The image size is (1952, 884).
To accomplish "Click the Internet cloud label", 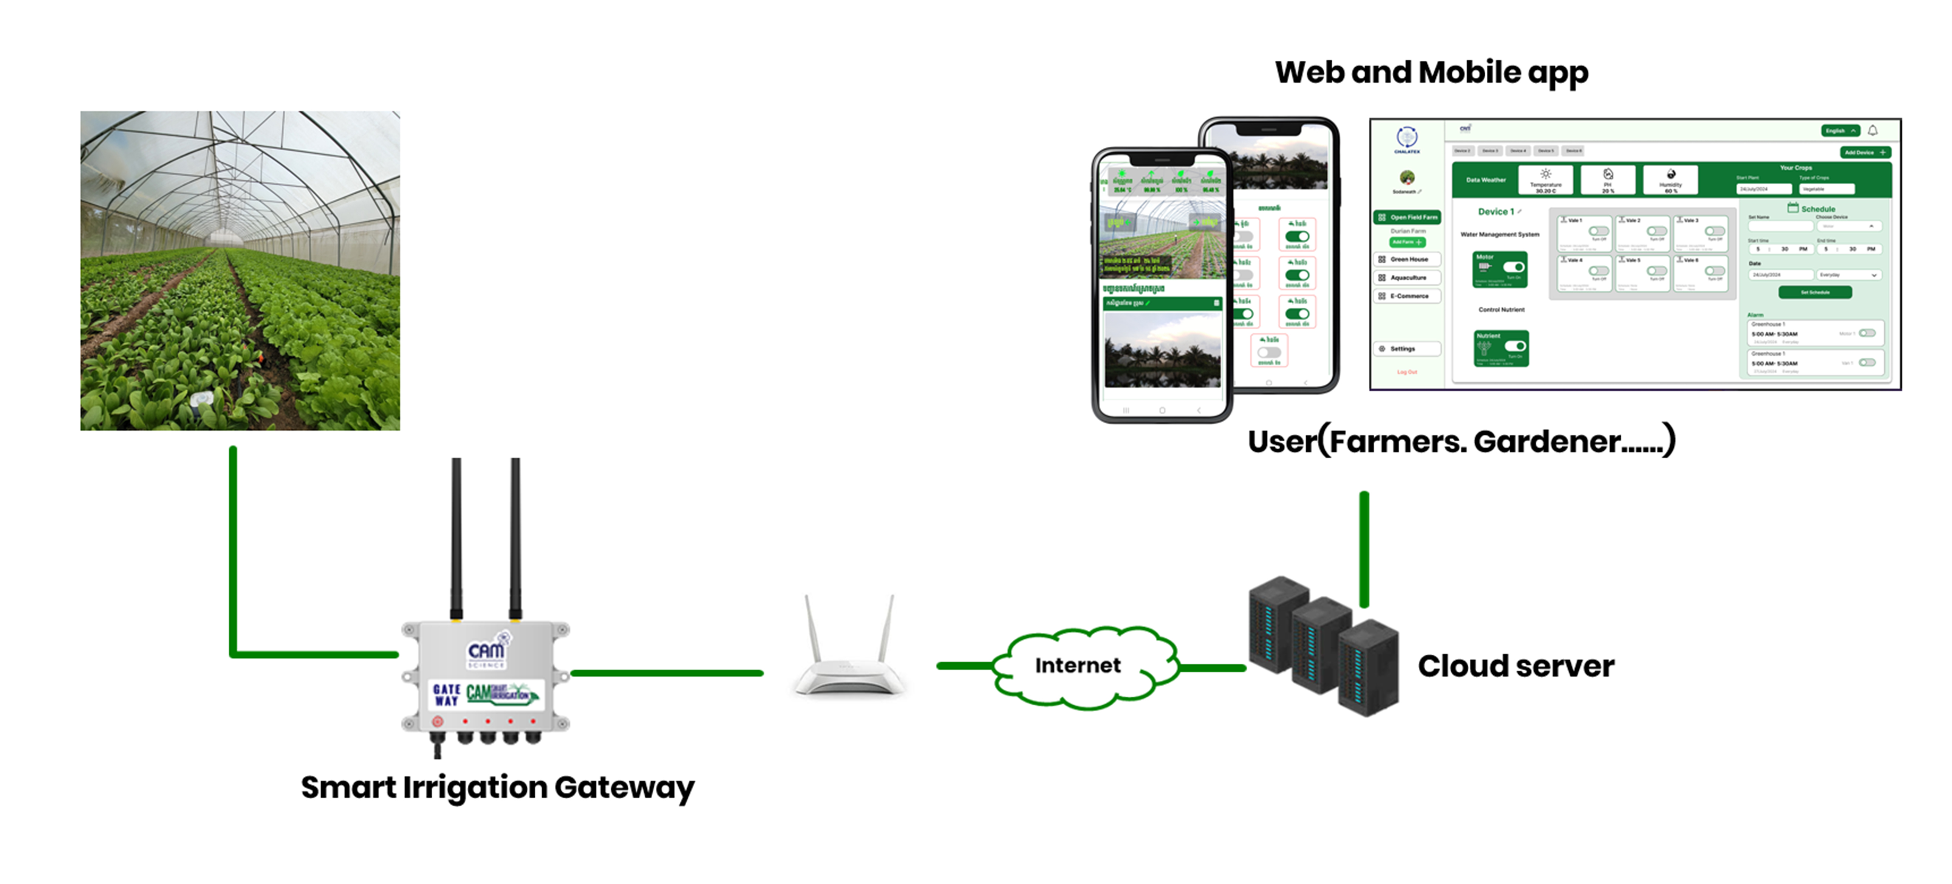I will (x=1078, y=665).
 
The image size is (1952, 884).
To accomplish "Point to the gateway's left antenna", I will (x=456, y=538).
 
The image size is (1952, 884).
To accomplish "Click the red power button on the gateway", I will (x=437, y=721).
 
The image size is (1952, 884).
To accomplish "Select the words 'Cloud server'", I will (x=1516, y=666).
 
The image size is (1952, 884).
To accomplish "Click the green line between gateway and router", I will (x=667, y=673).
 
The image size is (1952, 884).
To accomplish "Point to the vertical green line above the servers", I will (x=1364, y=549).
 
